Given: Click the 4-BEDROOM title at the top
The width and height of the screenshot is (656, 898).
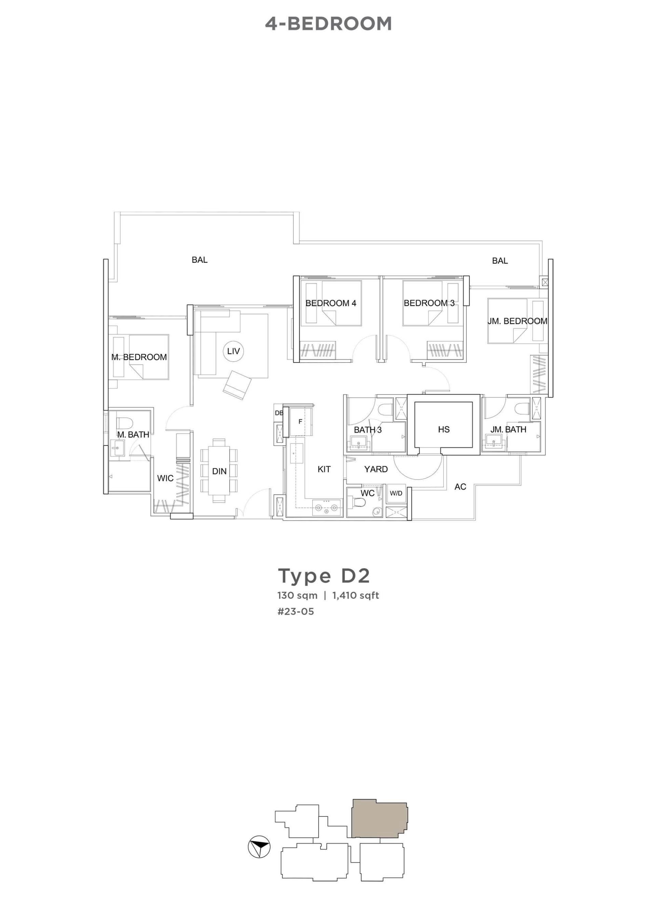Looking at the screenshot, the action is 328,24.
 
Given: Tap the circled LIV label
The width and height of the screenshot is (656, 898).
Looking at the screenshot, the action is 233,351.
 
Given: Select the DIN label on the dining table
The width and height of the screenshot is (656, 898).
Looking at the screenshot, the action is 219,471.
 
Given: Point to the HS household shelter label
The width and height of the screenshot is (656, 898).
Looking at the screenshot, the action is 443,429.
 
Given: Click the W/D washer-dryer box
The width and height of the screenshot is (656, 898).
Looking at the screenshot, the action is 396,493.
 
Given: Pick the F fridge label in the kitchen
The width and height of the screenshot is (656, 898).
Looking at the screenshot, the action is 300,422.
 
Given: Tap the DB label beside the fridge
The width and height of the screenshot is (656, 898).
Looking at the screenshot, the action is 279,413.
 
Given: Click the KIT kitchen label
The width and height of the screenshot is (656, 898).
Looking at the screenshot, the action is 324,469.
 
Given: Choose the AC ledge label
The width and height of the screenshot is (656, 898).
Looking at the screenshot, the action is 460,486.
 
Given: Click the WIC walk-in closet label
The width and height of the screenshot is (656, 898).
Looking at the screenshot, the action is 165,478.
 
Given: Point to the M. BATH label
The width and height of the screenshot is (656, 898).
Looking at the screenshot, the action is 133,434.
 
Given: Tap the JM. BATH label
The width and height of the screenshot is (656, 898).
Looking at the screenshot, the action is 508,429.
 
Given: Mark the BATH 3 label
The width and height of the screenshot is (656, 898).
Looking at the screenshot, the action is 368,430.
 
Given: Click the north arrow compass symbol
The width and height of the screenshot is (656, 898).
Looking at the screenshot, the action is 259,847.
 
